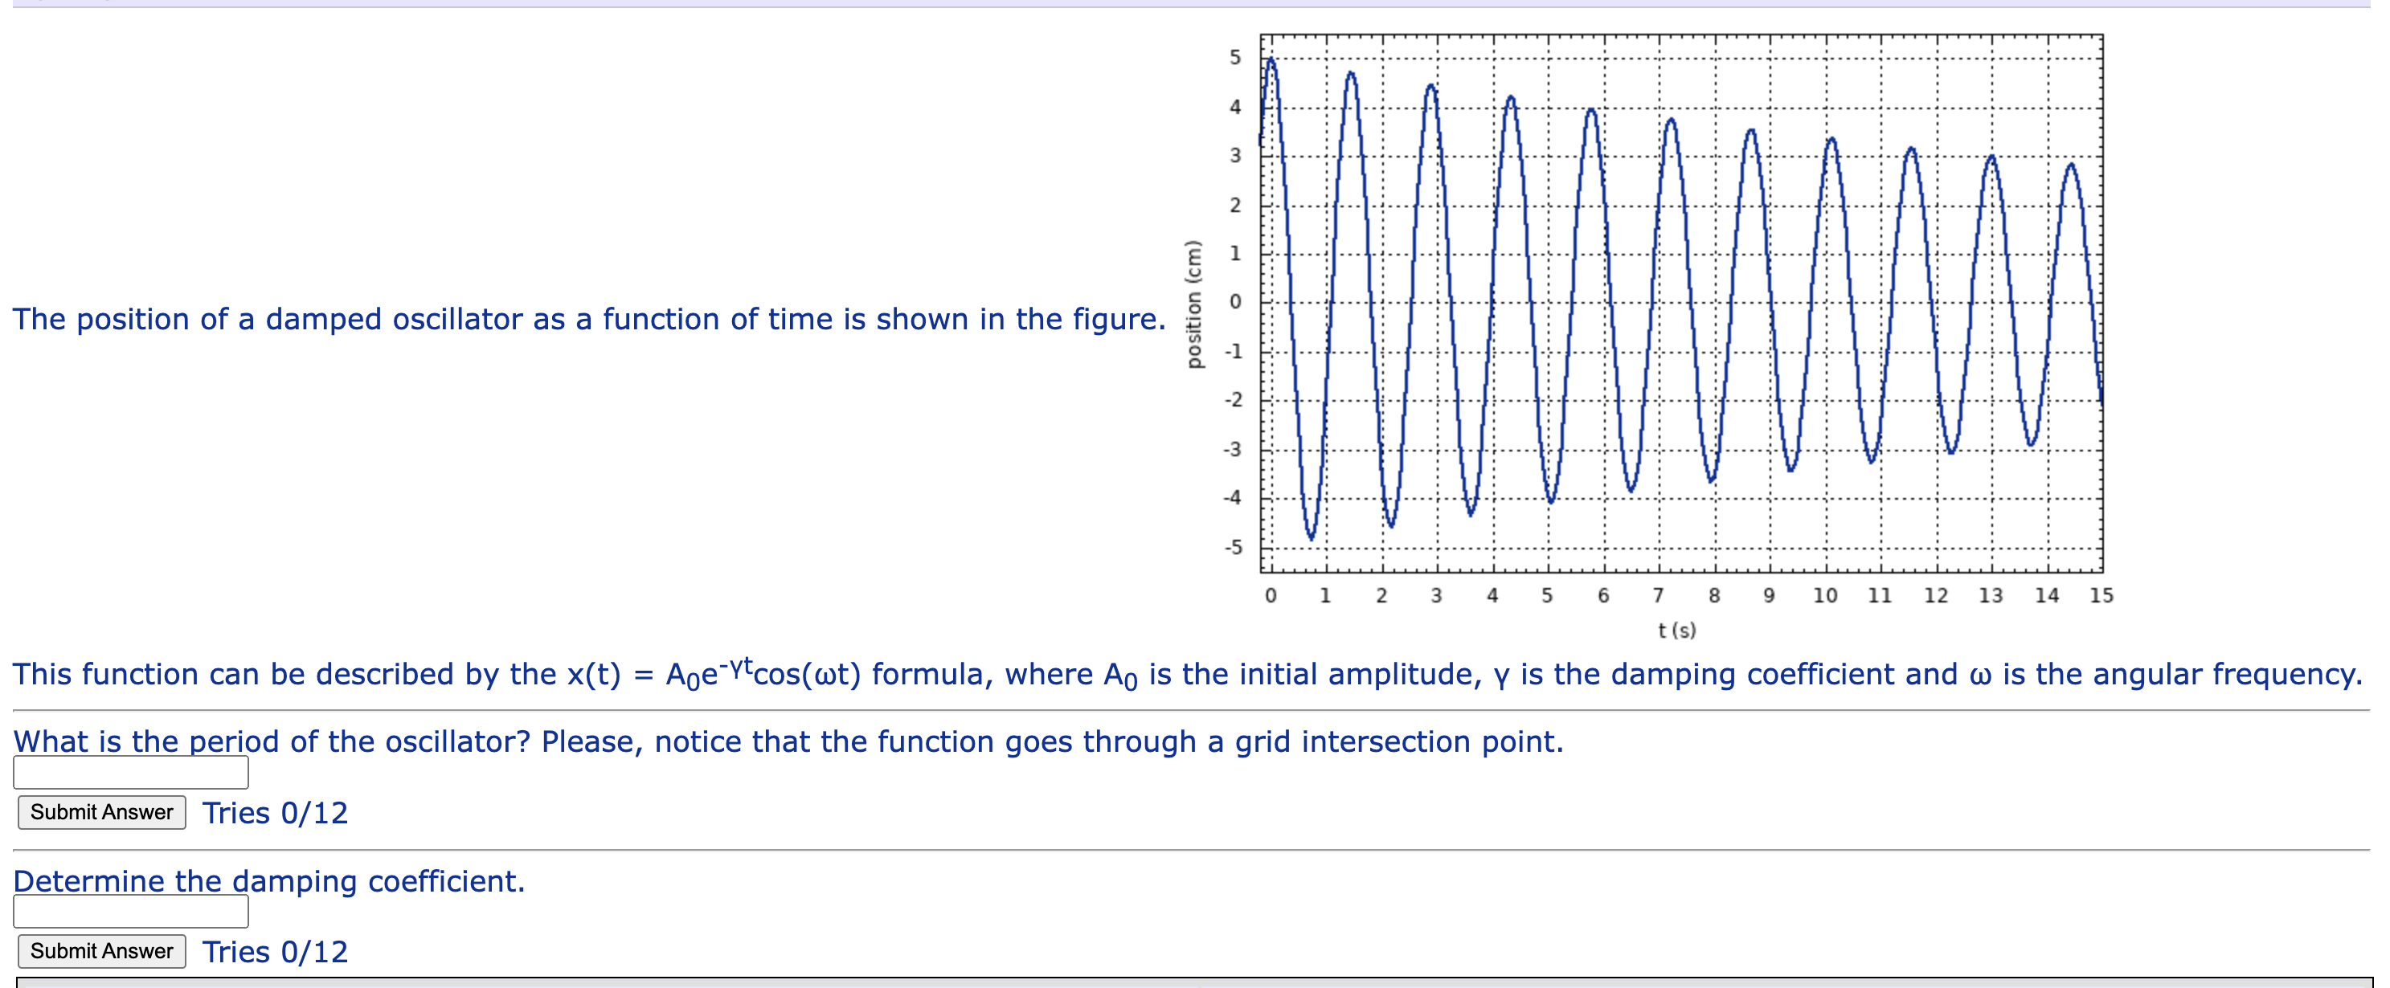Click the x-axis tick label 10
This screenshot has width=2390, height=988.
pyautogui.click(x=1825, y=595)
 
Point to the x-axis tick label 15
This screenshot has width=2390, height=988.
pyautogui.click(x=2101, y=595)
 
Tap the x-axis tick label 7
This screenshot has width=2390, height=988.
pyautogui.click(x=1658, y=595)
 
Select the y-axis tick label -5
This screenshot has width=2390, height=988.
pyautogui.click(x=1232, y=547)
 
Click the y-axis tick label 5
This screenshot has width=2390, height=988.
pyautogui.click(x=1235, y=58)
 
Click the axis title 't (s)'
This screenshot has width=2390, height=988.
pyautogui.click(x=1676, y=631)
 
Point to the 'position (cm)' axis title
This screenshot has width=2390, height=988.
pyautogui.click(x=1194, y=304)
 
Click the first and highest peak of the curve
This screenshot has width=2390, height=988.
pyautogui.click(x=1271, y=60)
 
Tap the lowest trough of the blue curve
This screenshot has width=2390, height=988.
pyautogui.click(x=1311, y=537)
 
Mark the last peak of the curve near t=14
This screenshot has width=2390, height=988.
pyautogui.click(x=2071, y=165)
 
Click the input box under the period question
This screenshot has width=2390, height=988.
pyautogui.click(x=131, y=773)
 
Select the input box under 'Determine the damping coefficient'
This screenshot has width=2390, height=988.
pyautogui.click(x=131, y=912)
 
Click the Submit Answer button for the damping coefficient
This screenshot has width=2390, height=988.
pyautogui.click(x=102, y=951)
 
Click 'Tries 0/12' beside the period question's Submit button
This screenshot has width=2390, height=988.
pyautogui.click(x=275, y=814)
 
